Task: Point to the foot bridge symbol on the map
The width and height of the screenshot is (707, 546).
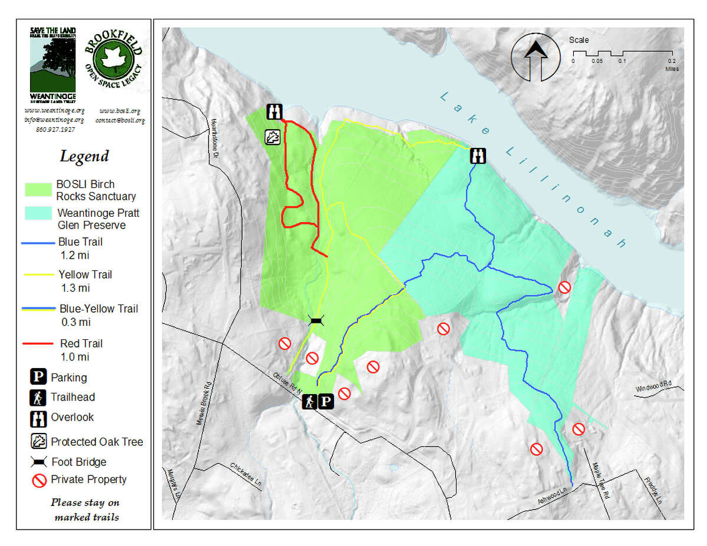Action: (x=316, y=320)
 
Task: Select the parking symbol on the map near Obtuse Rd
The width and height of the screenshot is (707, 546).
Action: (x=326, y=402)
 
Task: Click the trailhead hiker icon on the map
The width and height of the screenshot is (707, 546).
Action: (x=309, y=402)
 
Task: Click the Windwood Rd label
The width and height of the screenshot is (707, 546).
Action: (x=653, y=388)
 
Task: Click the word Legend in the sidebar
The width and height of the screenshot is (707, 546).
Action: (x=84, y=157)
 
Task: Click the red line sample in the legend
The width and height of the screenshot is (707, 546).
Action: (x=39, y=343)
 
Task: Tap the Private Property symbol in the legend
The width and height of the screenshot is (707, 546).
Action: (x=39, y=480)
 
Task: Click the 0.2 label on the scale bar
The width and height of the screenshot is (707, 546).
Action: (x=672, y=61)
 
